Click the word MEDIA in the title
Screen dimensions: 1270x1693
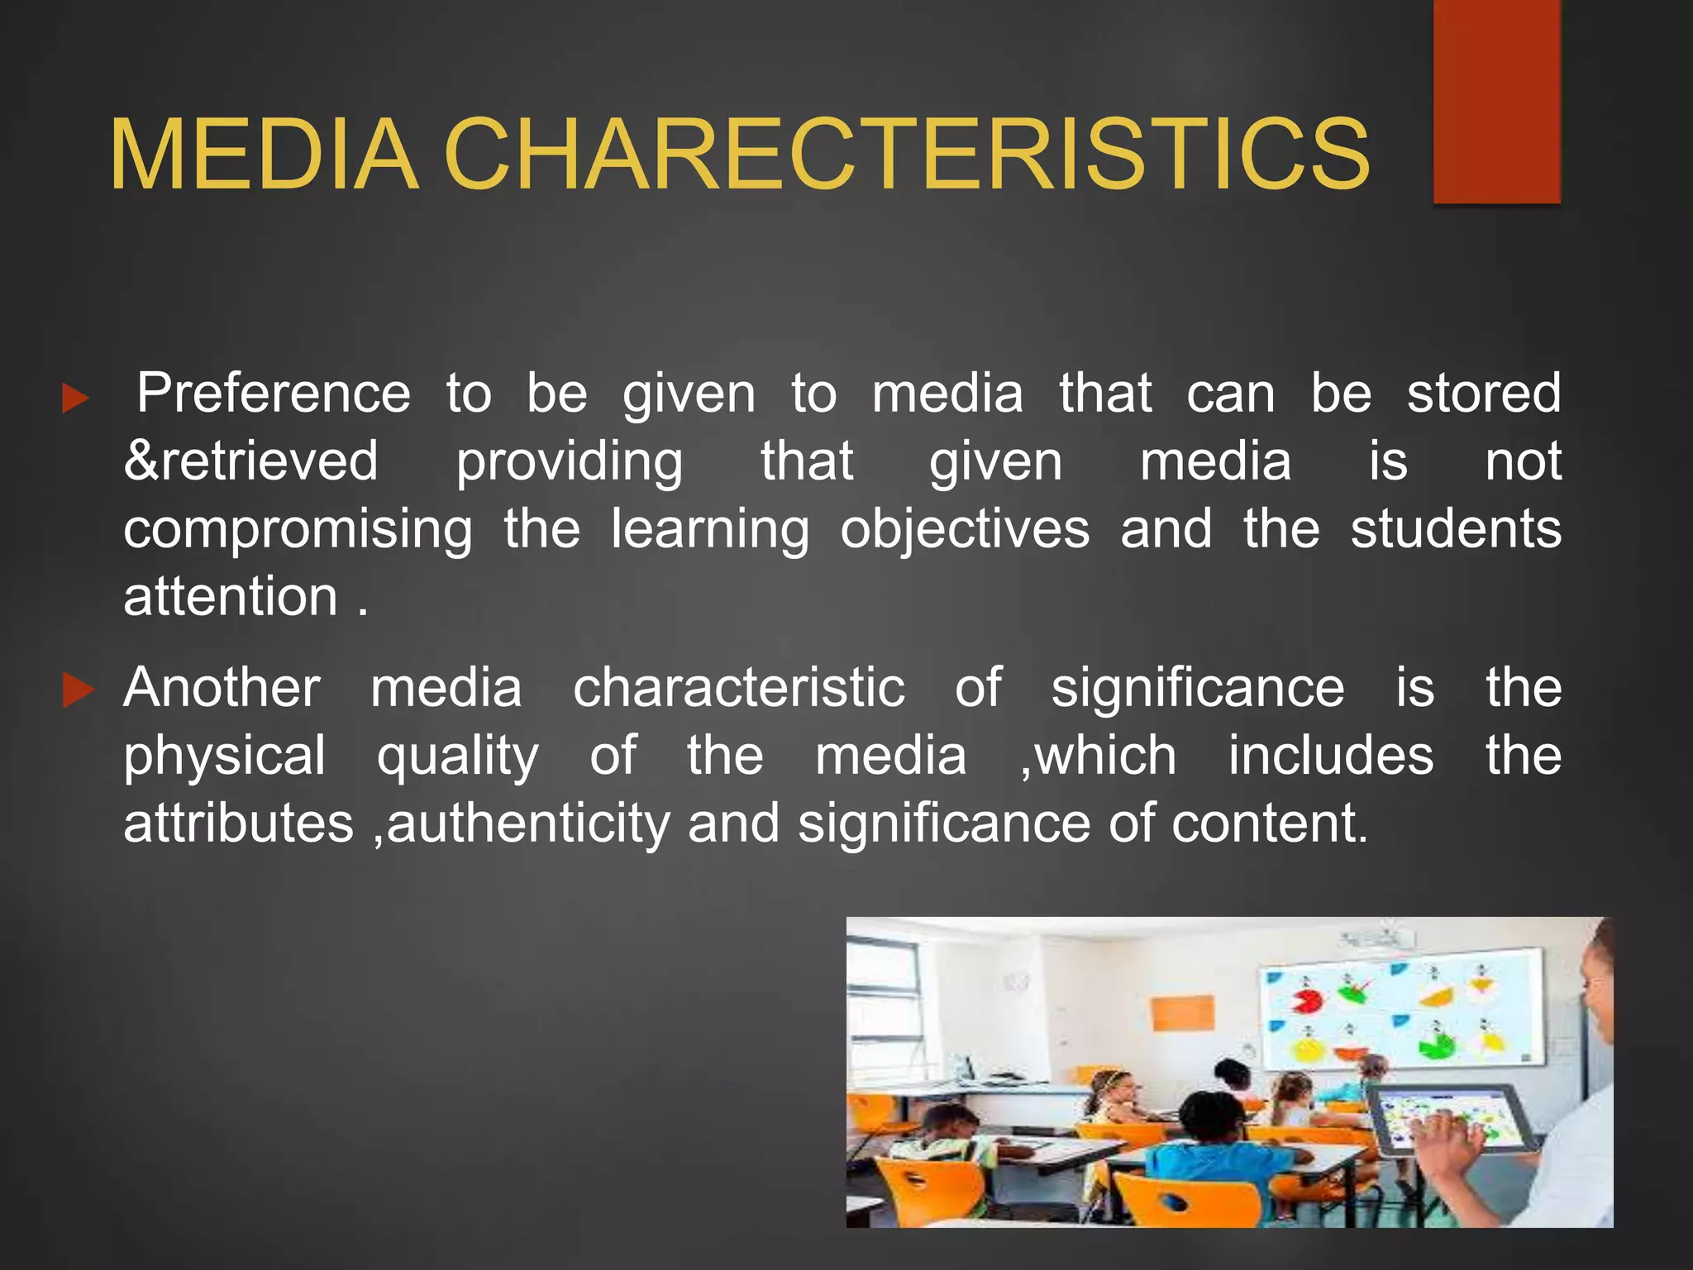[x=264, y=155]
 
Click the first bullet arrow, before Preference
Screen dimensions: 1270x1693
[x=75, y=399]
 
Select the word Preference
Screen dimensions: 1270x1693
[x=274, y=393]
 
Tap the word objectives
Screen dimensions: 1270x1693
[x=965, y=529]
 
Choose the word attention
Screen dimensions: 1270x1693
[x=231, y=596]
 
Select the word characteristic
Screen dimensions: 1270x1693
[x=739, y=688]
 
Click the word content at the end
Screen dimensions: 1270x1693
[x=1269, y=824]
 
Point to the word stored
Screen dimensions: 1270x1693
[x=1484, y=393]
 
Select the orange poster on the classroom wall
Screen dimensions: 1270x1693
[x=1183, y=1013]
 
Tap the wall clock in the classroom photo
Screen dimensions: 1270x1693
[x=1016, y=982]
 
